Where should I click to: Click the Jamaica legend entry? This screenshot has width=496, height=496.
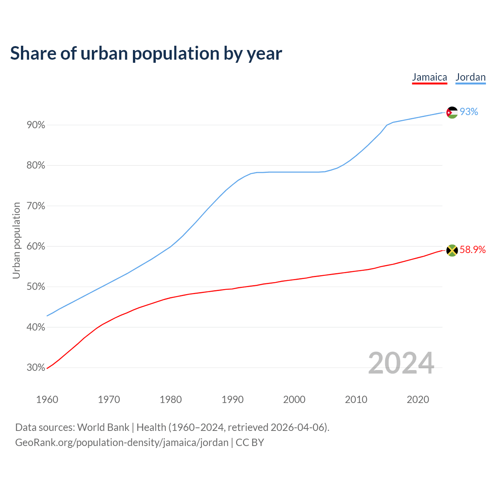(429, 77)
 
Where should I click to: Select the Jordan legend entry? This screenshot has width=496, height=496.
(470, 77)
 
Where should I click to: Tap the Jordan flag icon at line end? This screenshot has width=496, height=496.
(452, 112)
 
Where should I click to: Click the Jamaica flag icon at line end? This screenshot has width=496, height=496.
(452, 250)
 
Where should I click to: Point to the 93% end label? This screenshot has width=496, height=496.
(469, 112)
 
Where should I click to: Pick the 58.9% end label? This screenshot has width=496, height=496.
(472, 250)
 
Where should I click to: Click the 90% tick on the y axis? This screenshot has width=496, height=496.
(36, 125)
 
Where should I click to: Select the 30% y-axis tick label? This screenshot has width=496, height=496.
(36, 368)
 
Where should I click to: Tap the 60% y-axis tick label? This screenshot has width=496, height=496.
(36, 246)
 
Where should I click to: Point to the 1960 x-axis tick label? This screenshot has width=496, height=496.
(47, 400)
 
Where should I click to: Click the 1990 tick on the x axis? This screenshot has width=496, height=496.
(232, 400)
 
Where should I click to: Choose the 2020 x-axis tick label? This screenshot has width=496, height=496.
(418, 400)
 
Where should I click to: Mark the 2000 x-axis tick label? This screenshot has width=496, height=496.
(294, 400)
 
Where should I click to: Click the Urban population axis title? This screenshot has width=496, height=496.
(16, 240)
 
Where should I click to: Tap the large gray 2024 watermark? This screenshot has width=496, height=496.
(401, 363)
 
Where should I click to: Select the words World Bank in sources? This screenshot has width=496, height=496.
(103, 427)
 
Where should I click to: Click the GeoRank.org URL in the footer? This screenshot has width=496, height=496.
(122, 443)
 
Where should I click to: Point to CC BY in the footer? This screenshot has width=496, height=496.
(250, 443)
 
